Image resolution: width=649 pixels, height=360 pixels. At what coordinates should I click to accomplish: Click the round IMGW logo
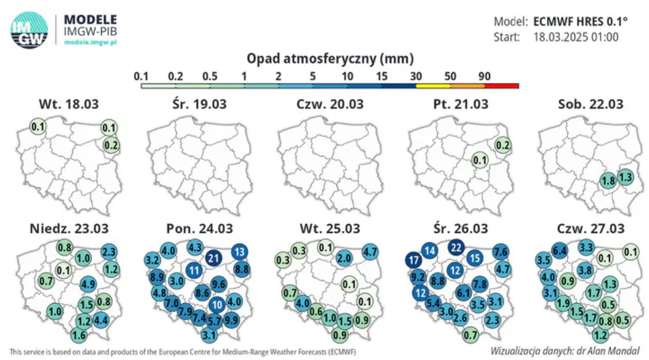pyautogui.click(x=29, y=30)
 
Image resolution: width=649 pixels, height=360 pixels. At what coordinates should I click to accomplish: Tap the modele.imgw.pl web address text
pyautogui.click(x=90, y=43)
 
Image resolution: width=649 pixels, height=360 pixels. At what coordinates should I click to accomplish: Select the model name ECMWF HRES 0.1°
pyautogui.click(x=581, y=22)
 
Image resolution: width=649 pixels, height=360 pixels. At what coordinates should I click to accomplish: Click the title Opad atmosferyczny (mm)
pyautogui.click(x=330, y=58)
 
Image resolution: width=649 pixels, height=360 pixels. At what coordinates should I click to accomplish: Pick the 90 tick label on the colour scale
pyautogui.click(x=484, y=76)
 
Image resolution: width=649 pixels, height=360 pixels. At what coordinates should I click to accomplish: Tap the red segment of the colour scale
pyautogui.click(x=502, y=86)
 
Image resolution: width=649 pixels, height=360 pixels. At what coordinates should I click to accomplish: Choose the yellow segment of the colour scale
pyautogui.click(x=433, y=86)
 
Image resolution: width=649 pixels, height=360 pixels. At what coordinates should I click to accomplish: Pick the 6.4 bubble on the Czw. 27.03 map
pyautogui.click(x=560, y=251)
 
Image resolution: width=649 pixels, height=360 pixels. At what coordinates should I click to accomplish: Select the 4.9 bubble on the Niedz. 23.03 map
pyautogui.click(x=88, y=283)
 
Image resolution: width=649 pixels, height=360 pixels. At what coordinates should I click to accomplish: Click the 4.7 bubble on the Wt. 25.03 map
pyautogui.click(x=371, y=251)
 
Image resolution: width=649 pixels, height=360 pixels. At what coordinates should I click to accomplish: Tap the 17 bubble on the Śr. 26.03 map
pyautogui.click(x=413, y=260)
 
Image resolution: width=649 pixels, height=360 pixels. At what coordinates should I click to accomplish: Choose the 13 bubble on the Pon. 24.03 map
pyautogui.click(x=240, y=251)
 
